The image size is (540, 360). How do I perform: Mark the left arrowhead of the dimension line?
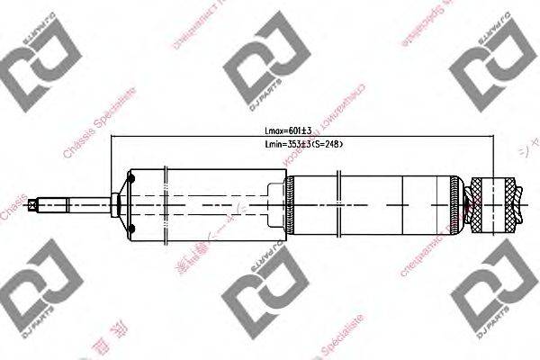[113, 138]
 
